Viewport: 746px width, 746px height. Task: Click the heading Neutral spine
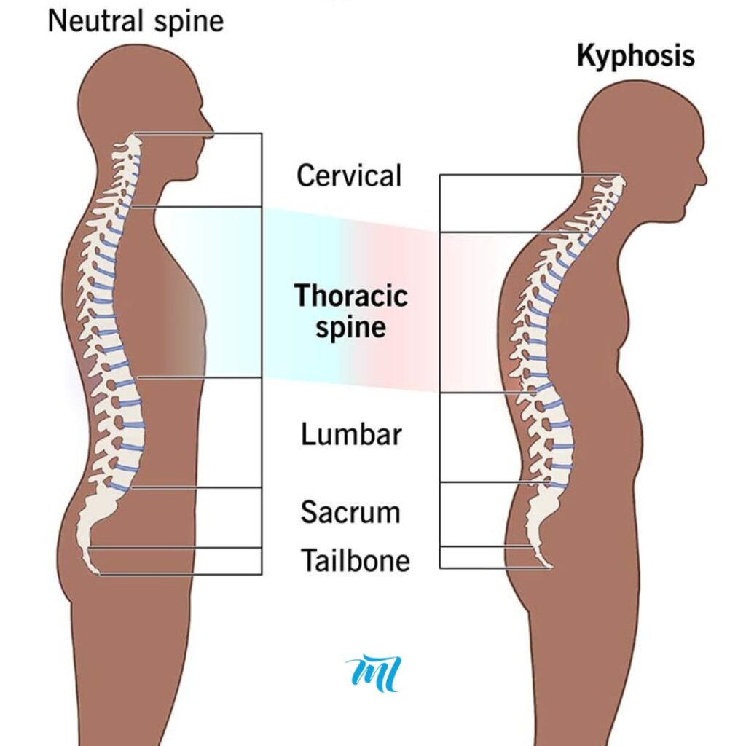(x=136, y=22)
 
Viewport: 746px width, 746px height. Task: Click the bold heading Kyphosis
(x=635, y=56)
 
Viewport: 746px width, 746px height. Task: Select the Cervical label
(x=349, y=176)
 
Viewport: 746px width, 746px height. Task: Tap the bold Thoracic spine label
(x=351, y=311)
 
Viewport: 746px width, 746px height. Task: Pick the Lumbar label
(x=351, y=434)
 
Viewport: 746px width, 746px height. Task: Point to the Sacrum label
(x=350, y=512)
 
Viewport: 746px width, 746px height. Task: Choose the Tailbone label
(x=356, y=560)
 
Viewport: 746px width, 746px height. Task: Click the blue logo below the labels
(x=374, y=672)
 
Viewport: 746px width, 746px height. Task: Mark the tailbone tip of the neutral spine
(x=98, y=573)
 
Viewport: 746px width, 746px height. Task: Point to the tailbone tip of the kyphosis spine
(x=551, y=567)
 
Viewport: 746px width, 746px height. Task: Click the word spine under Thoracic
(x=351, y=328)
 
